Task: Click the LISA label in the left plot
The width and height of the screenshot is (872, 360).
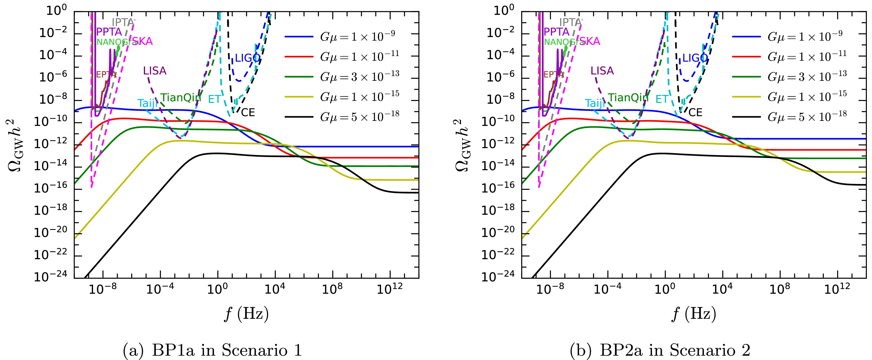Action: click(155, 71)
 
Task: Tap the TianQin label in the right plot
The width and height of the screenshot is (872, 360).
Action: click(628, 98)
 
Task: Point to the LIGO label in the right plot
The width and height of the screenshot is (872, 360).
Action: click(695, 58)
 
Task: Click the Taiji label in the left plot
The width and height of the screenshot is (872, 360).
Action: click(147, 103)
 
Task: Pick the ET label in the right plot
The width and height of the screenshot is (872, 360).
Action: click(662, 99)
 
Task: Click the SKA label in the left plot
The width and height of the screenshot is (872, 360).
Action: click(142, 42)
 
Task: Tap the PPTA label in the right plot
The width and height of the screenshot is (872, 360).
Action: click(556, 32)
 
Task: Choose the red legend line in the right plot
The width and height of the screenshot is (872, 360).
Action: click(746, 57)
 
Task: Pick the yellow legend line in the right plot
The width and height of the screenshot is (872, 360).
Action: click(746, 97)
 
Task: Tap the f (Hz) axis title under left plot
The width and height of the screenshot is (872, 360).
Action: click(246, 314)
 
